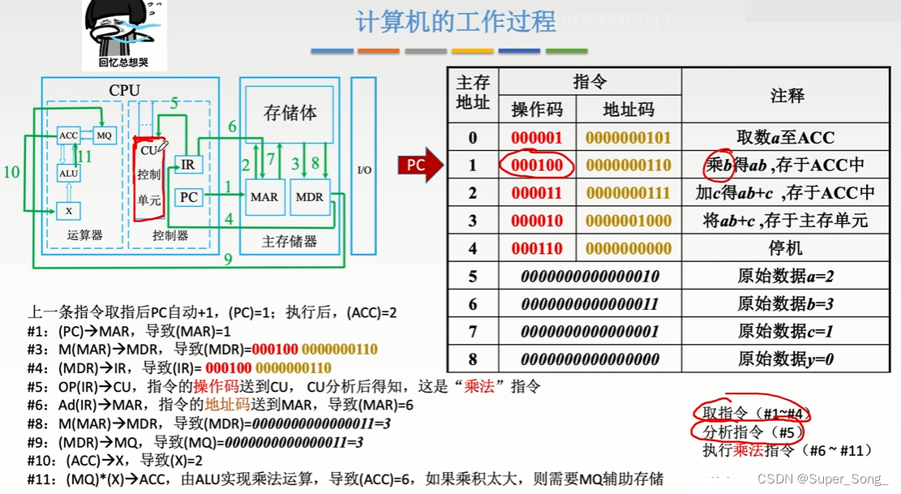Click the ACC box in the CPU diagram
[x=68, y=136]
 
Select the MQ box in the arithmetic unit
[x=104, y=135]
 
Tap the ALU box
[x=69, y=174]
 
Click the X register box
[x=69, y=210]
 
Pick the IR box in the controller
[x=187, y=165]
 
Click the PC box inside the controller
[x=188, y=197]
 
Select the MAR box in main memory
[x=264, y=197]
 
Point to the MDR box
[x=309, y=197]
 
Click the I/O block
[x=364, y=170]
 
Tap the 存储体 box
[x=290, y=114]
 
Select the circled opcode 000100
[x=537, y=165]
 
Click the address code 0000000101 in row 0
[x=629, y=138]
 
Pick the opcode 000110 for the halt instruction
[x=537, y=248]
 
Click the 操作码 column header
[x=537, y=110]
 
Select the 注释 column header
[x=787, y=96]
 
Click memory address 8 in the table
[x=473, y=359]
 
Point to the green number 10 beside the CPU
[x=11, y=172]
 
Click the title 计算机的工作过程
[x=455, y=22]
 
